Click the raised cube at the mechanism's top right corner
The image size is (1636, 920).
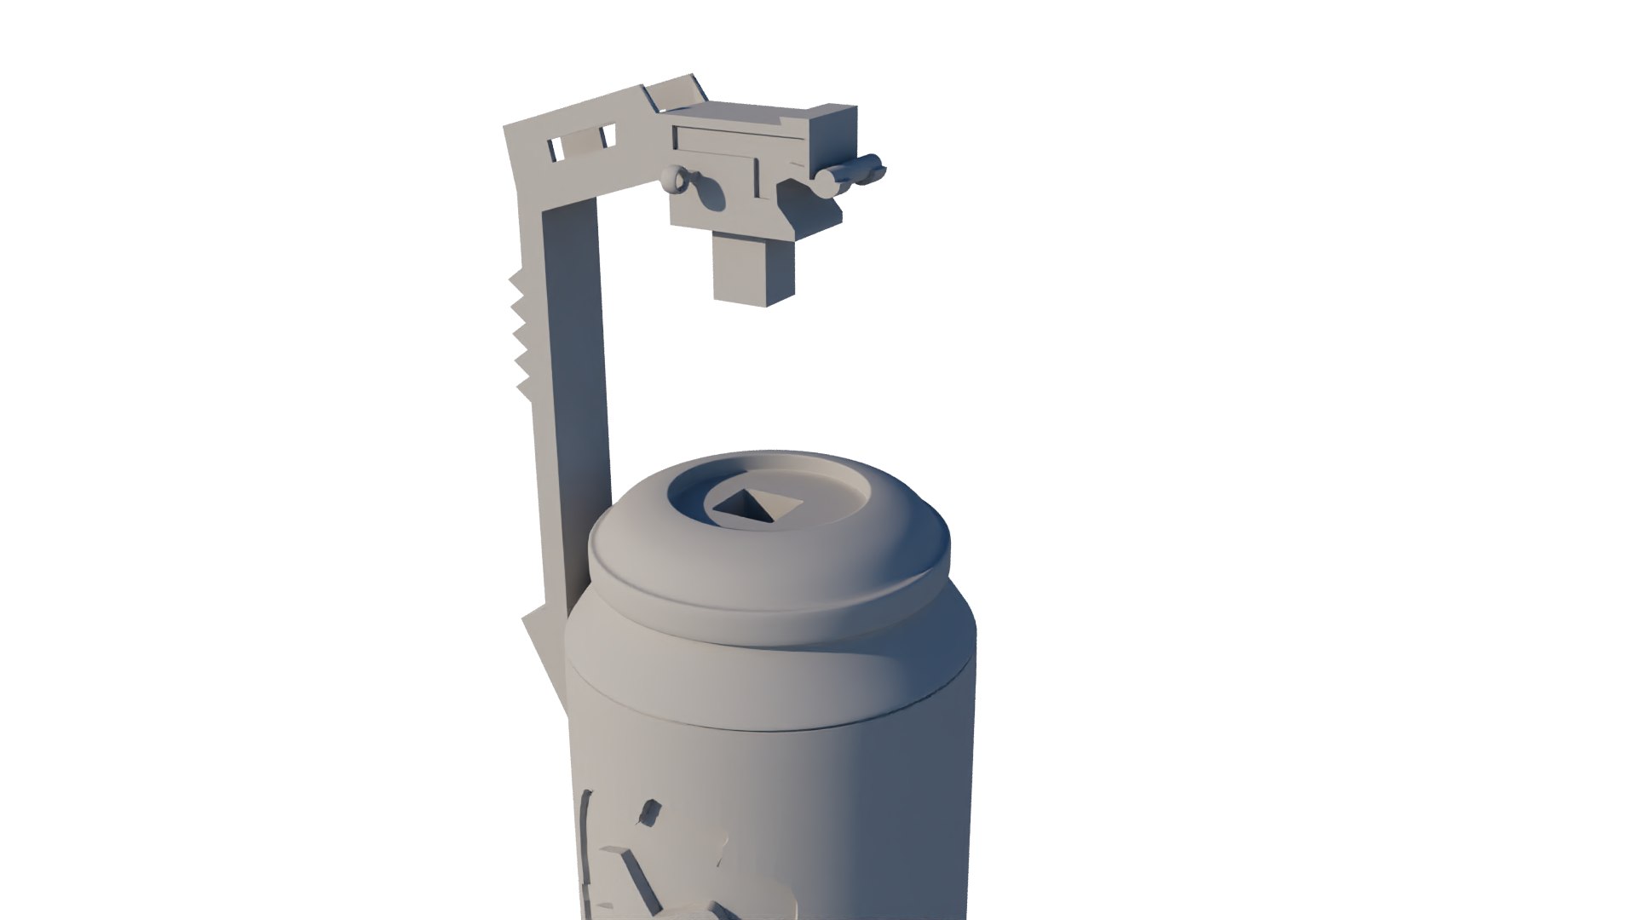(830, 135)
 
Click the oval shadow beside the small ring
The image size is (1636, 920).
(706, 193)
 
